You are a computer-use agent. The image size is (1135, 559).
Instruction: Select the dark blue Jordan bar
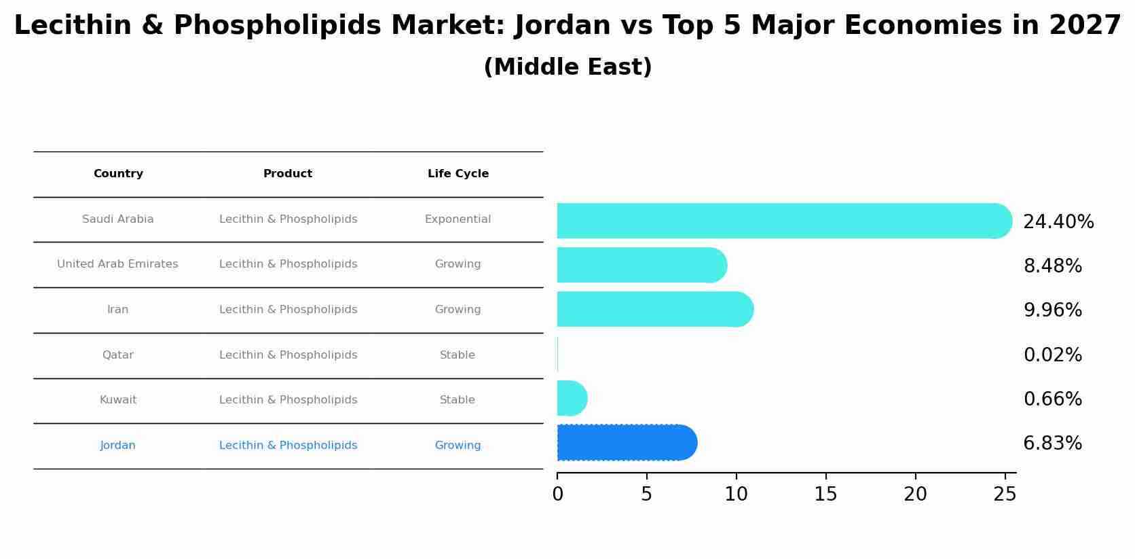pyautogui.click(x=625, y=443)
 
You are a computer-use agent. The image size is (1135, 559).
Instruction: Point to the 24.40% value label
pyautogui.click(x=1058, y=222)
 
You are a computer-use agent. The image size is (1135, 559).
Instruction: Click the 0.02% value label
pyautogui.click(x=1052, y=355)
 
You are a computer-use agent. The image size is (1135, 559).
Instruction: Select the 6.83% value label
pyautogui.click(x=1052, y=444)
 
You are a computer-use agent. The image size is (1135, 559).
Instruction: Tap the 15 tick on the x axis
pyautogui.click(x=825, y=494)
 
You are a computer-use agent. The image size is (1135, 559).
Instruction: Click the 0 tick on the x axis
pyautogui.click(x=557, y=494)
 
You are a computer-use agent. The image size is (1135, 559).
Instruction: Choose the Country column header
pyautogui.click(x=118, y=174)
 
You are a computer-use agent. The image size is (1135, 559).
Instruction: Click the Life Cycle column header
pyautogui.click(x=458, y=174)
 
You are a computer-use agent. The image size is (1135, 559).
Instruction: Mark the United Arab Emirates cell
pyautogui.click(x=117, y=264)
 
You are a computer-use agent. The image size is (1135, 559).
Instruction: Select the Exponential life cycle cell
pyautogui.click(x=458, y=219)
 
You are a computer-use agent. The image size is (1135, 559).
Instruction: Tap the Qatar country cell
pyautogui.click(x=117, y=355)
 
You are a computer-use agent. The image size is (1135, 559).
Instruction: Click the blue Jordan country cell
pyautogui.click(x=117, y=446)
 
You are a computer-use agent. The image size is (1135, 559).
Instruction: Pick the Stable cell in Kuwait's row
pyautogui.click(x=457, y=400)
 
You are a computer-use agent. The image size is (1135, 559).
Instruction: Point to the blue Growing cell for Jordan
pyautogui.click(x=458, y=446)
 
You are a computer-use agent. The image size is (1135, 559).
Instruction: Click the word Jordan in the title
pyautogui.click(x=563, y=26)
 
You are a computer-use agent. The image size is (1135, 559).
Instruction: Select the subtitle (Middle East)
pyautogui.click(x=567, y=67)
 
